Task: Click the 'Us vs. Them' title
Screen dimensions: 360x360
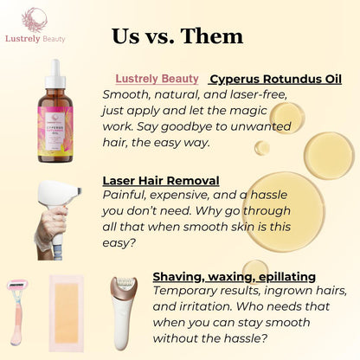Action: point(177,36)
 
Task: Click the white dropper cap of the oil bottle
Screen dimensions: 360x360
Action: point(55,74)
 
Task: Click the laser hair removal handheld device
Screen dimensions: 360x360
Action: point(56,208)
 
